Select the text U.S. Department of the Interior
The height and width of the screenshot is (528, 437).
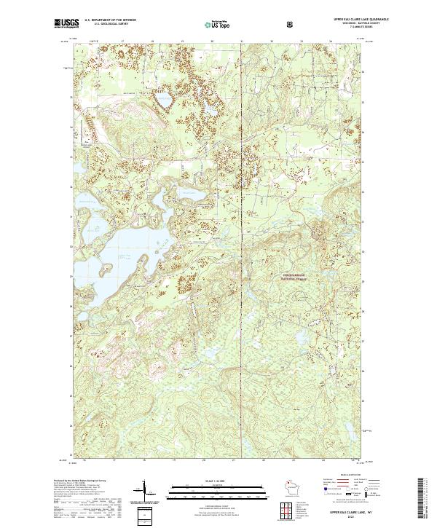(110, 22)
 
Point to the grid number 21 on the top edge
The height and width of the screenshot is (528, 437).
(241, 42)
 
